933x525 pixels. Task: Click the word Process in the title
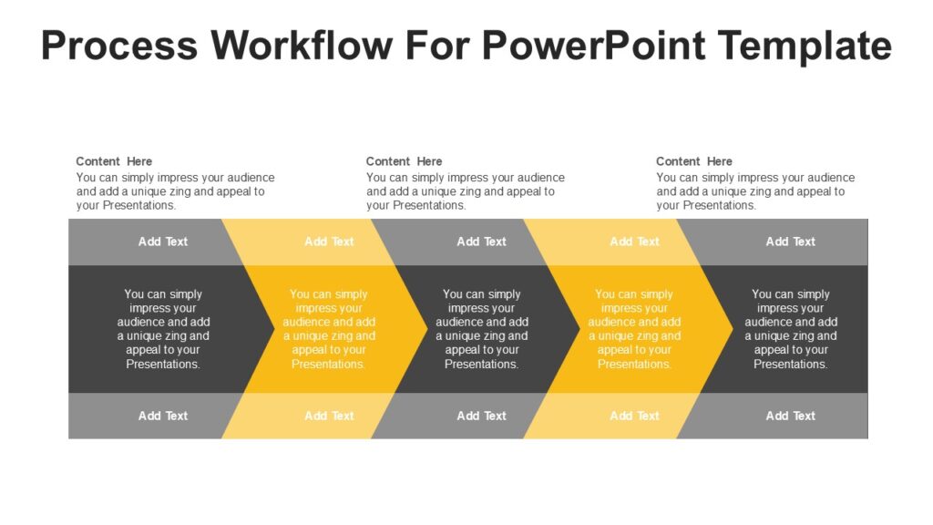(x=119, y=46)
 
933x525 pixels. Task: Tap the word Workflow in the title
(x=302, y=46)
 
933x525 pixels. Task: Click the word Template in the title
(x=805, y=46)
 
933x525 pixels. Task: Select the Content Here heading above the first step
(x=114, y=161)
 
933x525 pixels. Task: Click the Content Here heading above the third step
(x=404, y=161)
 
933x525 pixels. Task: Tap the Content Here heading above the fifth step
(x=693, y=161)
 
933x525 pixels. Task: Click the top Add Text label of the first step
(x=163, y=242)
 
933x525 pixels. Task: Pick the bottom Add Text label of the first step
(x=163, y=416)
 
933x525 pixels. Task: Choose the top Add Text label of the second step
(x=329, y=242)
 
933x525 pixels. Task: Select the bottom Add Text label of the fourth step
(x=634, y=416)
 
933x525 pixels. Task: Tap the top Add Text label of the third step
(x=481, y=242)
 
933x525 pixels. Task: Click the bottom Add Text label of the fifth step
(x=790, y=416)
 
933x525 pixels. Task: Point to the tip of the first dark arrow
(x=275, y=328)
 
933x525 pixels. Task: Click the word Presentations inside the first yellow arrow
(x=328, y=365)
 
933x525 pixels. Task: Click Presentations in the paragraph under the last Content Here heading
(x=720, y=205)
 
